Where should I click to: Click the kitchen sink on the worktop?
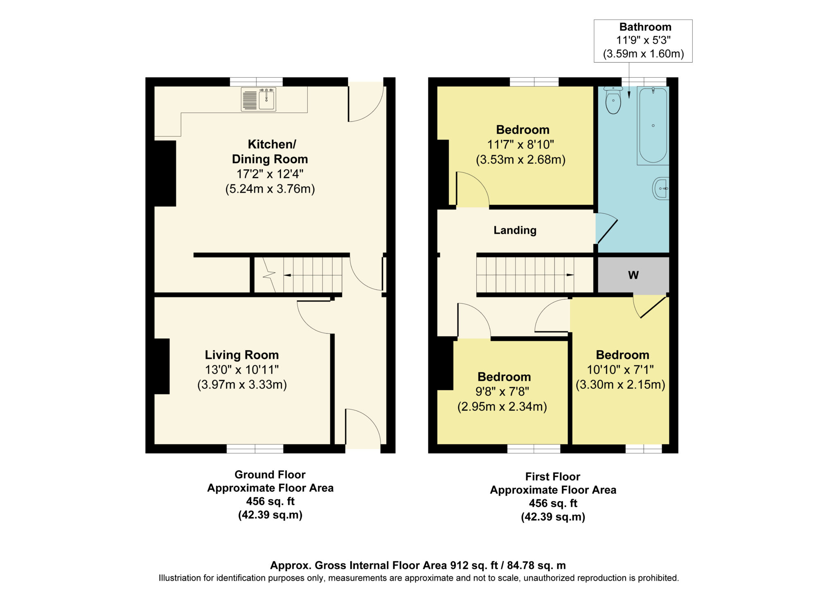point(259,99)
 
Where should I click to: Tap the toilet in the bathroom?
point(613,100)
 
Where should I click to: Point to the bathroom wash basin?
point(661,188)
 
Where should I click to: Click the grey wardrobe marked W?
point(633,275)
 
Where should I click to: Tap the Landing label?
point(515,230)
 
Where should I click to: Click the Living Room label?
point(242,355)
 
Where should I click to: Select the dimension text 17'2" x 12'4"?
point(270,174)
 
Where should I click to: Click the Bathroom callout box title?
point(645,27)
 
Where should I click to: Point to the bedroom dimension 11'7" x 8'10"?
point(520,144)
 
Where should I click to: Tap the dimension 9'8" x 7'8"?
point(502,392)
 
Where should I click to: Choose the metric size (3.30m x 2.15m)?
point(620,385)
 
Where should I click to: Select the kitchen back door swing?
point(366,102)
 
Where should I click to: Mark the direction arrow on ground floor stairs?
point(287,275)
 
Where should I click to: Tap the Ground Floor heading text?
point(270,475)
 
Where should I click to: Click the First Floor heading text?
point(553,477)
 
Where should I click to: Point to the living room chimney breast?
point(162,366)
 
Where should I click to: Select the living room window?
point(255,449)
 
